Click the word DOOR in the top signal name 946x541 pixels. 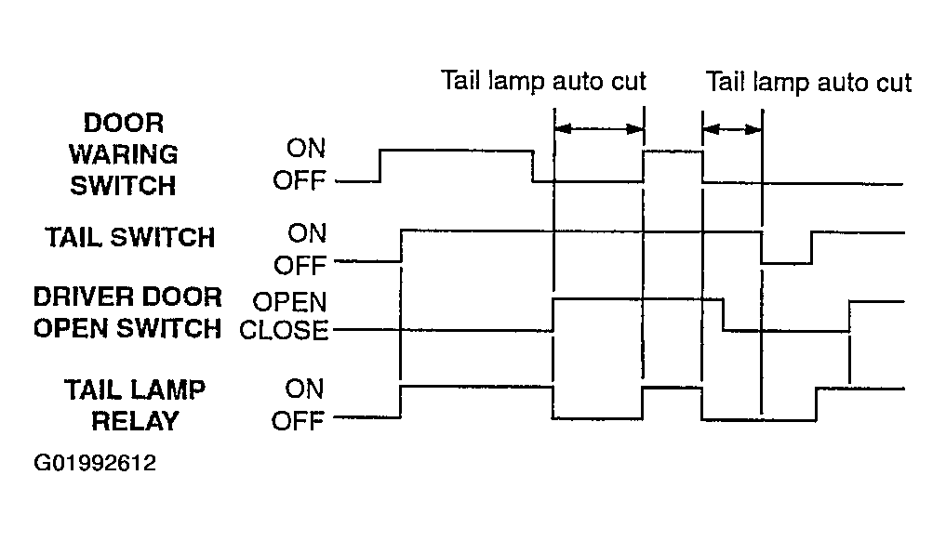124,123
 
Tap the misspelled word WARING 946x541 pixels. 123,154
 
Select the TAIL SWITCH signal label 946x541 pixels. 129,237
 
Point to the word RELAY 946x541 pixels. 135,421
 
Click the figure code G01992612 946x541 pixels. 95,463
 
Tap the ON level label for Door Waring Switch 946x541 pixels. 306,148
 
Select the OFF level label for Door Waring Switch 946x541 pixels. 300,180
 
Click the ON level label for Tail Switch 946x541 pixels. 307,232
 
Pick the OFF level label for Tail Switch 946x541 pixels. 300,265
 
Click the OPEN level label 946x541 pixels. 289,301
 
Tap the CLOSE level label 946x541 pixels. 284,330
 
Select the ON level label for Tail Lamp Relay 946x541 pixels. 305,389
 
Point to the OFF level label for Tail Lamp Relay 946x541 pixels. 298,421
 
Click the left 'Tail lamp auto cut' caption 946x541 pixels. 543,81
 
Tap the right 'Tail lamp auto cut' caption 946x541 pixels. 808,82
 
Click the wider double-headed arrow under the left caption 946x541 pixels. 599,128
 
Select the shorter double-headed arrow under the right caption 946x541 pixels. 732,129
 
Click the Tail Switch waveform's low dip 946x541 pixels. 787,262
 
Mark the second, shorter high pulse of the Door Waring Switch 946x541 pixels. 673,152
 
